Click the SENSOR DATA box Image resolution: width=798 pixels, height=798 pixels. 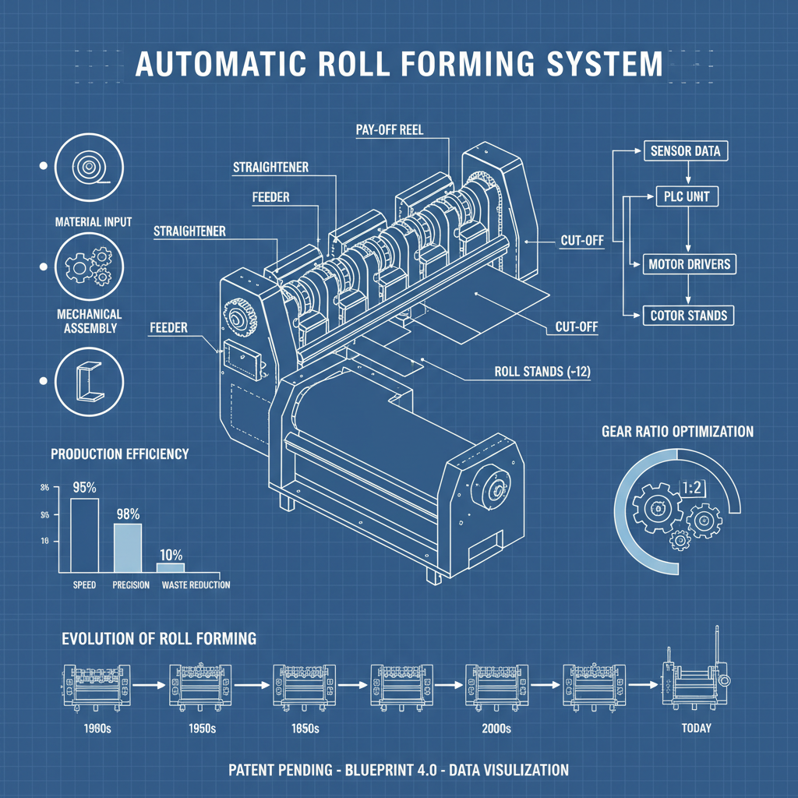pyautogui.click(x=685, y=150)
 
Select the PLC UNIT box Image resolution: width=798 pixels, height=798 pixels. pyautogui.click(x=687, y=196)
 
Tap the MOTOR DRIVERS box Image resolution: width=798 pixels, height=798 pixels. pyautogui.click(x=689, y=264)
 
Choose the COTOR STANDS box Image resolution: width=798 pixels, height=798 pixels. pyautogui.click(x=689, y=315)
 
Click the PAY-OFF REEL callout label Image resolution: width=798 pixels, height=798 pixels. pyautogui.click(x=390, y=130)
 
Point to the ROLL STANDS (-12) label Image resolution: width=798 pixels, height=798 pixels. pyautogui.click(x=542, y=372)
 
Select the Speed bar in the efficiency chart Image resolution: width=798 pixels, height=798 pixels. pyautogui.click(x=84, y=535)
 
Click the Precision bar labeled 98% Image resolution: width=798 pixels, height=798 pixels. pyautogui.click(x=128, y=548)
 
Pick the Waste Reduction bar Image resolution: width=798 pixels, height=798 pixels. pyautogui.click(x=171, y=568)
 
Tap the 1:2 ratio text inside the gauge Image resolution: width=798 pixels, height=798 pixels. pyautogui.click(x=692, y=488)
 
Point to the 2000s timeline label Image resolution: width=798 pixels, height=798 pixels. pyautogui.click(x=496, y=729)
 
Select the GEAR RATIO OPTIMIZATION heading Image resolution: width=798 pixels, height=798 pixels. pyautogui.click(x=677, y=432)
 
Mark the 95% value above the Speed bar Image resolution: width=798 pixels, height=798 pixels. pyautogui.click(x=84, y=488)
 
